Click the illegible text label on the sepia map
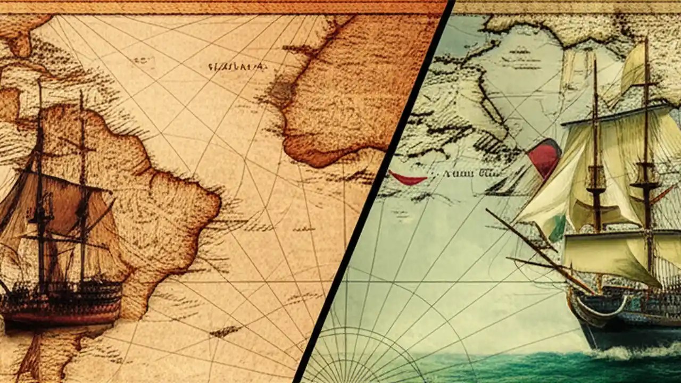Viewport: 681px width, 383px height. (x=237, y=67)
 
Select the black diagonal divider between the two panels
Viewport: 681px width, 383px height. (x=372, y=191)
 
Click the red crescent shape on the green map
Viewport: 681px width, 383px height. (x=408, y=178)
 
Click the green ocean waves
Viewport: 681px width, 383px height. (x=505, y=367)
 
